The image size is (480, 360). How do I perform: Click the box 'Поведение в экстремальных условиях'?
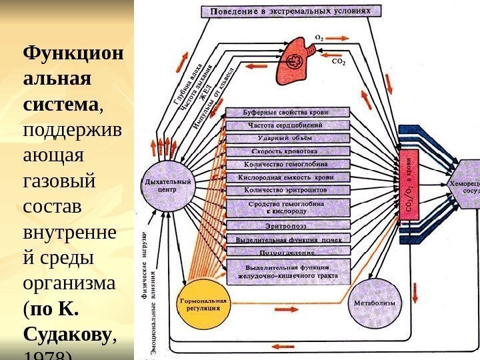(x=291, y=11)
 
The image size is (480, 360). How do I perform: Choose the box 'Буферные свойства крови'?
(x=287, y=113)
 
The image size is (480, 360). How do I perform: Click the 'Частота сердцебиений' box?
(x=287, y=125)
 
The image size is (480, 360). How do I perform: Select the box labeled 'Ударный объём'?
(x=287, y=138)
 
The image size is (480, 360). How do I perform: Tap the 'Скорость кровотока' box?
(x=287, y=151)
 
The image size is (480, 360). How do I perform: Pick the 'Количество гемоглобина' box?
(x=287, y=164)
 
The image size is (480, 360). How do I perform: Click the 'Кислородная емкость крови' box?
(x=287, y=177)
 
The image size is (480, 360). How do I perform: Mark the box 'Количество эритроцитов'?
(x=287, y=190)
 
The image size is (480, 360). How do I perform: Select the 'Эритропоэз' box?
(x=287, y=225)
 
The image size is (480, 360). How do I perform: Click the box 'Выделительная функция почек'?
(x=287, y=238)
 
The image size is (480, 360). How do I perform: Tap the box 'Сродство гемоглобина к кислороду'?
(x=287, y=207)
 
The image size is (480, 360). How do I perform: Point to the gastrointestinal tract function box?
(x=287, y=271)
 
